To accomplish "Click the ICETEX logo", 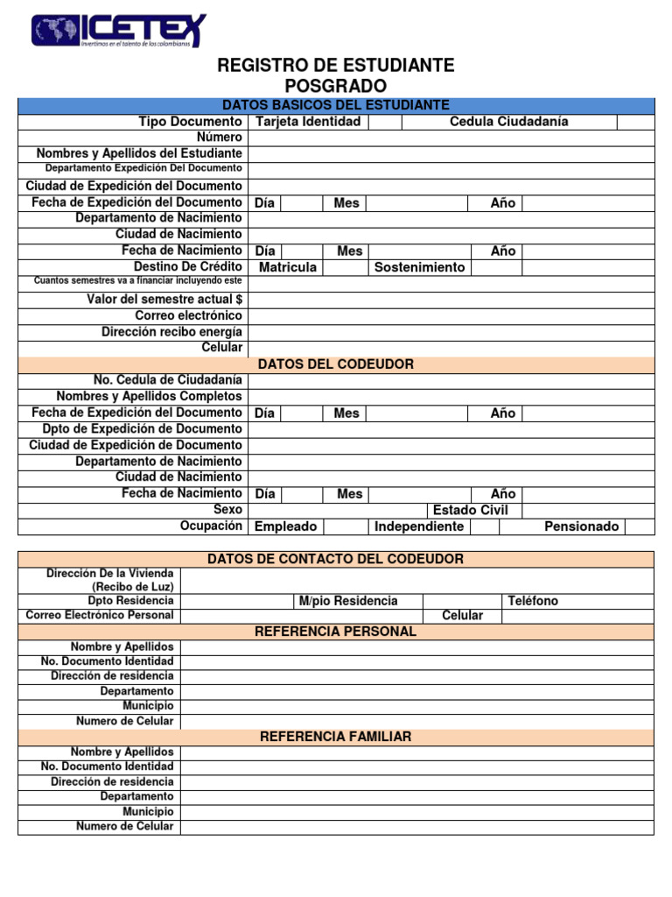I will click(119, 31).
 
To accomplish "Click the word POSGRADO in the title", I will click(335, 86).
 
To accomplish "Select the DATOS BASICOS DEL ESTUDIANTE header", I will click(336, 105).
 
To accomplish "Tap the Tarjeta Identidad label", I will click(308, 122).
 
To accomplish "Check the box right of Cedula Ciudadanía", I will click(634, 122).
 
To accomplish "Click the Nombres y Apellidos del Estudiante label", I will click(139, 153).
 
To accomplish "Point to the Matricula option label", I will click(288, 267).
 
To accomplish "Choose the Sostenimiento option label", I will click(419, 267).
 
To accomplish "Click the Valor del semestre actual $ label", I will click(164, 300).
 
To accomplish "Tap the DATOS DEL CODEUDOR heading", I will click(336, 364).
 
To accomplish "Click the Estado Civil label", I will click(470, 510).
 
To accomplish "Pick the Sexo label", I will click(227, 510).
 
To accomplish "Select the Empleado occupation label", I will click(285, 526).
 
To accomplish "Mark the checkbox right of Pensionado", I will click(639, 526).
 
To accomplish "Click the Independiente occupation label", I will click(419, 526).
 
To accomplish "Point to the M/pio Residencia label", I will click(347, 601).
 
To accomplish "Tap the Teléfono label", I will click(533, 601).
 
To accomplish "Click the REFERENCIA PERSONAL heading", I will click(335, 632).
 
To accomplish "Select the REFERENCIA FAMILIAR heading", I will click(335, 737).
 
